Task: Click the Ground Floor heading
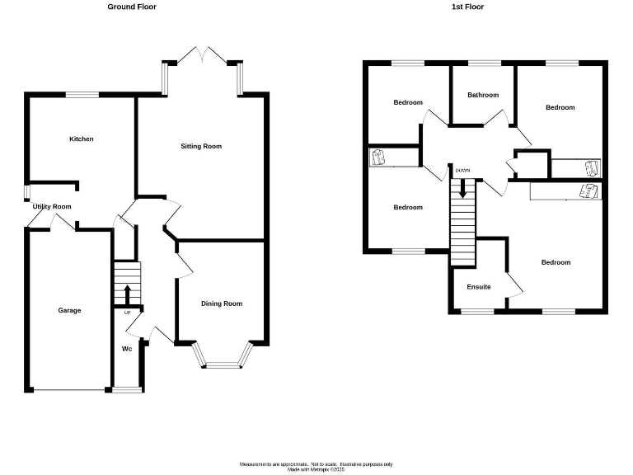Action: [x=132, y=7]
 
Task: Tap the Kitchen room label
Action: [x=81, y=139]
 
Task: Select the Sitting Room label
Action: [x=201, y=147]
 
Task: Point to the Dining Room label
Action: [x=222, y=303]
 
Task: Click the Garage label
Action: [x=69, y=311]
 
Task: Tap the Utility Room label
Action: [x=52, y=207]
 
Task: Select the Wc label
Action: [x=127, y=349]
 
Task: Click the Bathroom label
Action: [x=483, y=95]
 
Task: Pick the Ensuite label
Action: [x=479, y=287]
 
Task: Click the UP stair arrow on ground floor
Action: [x=127, y=294]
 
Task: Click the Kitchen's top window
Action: [x=82, y=94]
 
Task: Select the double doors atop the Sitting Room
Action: [x=202, y=54]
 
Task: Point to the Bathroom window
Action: [x=484, y=63]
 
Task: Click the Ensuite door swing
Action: [x=516, y=285]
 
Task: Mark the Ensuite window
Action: [x=479, y=312]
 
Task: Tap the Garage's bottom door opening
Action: [x=68, y=389]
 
